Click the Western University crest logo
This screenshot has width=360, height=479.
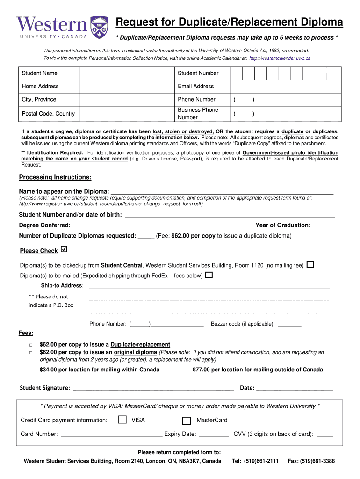tap(99, 27)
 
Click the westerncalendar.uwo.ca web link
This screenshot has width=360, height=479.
tap(280, 58)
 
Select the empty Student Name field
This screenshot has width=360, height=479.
tap(126, 73)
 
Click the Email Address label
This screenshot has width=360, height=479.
tap(195, 86)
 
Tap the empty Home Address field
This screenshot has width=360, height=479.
tap(126, 87)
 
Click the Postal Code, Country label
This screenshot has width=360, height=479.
tap(48, 114)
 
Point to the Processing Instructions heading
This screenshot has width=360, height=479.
tap(55, 177)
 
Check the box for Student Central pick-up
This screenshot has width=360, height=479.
tap(310, 265)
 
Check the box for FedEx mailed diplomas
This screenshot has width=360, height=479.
tap(209, 275)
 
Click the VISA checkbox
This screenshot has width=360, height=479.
tap(122, 420)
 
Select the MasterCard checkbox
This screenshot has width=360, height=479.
tap(187, 420)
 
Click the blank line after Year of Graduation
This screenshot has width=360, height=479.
tap(324, 225)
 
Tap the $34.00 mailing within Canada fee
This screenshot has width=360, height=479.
tap(100, 370)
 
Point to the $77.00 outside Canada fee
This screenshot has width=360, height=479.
tap(258, 370)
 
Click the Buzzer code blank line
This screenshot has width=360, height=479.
tap(289, 324)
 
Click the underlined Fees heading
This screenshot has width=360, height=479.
tap(26, 333)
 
